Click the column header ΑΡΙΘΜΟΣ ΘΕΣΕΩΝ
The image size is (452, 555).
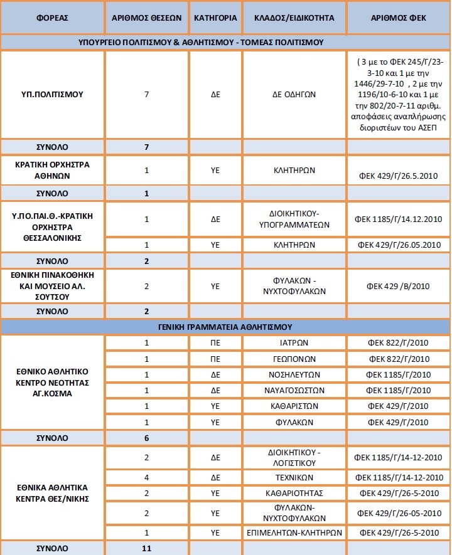(x=146, y=18)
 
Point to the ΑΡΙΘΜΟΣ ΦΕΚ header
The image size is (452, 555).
(x=399, y=18)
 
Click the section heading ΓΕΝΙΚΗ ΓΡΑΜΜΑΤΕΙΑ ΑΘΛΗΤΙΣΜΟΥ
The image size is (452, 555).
(x=225, y=327)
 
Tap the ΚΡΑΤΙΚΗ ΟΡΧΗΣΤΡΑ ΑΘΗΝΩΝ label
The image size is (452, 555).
(x=53, y=169)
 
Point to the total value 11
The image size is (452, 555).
(x=146, y=548)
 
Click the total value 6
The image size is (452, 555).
(x=146, y=438)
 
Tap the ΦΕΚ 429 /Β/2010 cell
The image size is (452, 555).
(x=399, y=287)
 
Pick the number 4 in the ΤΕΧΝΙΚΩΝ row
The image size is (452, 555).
(x=146, y=477)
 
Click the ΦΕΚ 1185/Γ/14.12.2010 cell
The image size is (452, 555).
(x=399, y=219)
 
